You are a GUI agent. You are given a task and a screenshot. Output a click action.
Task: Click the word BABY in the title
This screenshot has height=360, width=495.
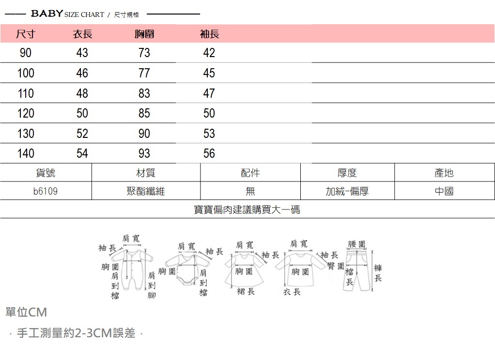pyautogui.click(x=47, y=14)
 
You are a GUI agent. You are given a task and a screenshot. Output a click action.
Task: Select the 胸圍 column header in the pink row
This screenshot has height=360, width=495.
pyautogui.click(x=144, y=34)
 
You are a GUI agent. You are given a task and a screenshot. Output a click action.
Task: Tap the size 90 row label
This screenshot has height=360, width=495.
pyautogui.click(x=26, y=53)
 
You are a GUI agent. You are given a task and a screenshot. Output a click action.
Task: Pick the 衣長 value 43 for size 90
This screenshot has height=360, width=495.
pyautogui.click(x=82, y=53)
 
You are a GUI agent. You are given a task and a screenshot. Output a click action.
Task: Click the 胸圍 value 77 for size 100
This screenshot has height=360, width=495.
pyautogui.click(x=144, y=73)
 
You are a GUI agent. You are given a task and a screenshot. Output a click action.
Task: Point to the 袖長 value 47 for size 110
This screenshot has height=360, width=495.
pyautogui.click(x=209, y=93)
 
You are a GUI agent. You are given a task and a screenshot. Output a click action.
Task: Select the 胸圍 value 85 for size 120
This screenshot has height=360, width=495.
pyautogui.click(x=144, y=113)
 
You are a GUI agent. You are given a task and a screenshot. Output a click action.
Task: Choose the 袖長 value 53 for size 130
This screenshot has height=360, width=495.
pyautogui.click(x=209, y=134)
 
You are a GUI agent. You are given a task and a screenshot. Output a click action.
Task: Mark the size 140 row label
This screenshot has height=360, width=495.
pyautogui.click(x=26, y=153)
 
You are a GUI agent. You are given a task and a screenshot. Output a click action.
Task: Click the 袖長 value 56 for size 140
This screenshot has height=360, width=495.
pyautogui.click(x=209, y=153)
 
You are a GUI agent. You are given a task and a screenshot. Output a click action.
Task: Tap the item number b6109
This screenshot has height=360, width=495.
pyautogui.click(x=46, y=191)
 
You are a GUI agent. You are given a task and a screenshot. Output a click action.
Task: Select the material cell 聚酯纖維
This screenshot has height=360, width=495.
pyautogui.click(x=145, y=191)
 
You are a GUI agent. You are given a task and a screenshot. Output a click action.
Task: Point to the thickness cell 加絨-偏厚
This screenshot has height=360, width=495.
pyautogui.click(x=347, y=191)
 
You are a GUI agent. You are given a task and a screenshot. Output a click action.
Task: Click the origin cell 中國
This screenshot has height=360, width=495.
pyautogui.click(x=444, y=191)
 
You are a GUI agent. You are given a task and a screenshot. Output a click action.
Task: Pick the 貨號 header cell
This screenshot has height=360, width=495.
pyautogui.click(x=46, y=173)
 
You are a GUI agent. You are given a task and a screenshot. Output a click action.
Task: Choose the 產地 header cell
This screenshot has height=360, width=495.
pyautogui.click(x=444, y=173)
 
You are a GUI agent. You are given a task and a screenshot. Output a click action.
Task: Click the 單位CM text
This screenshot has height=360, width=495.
pyautogui.click(x=26, y=312)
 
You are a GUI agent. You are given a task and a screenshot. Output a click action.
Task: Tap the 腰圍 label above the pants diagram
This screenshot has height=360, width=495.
pyautogui.click(x=356, y=244)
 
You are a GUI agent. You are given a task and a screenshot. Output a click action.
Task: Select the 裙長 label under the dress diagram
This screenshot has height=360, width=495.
pyautogui.click(x=246, y=292)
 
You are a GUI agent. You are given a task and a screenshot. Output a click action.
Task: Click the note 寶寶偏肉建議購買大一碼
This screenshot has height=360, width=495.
pyautogui.click(x=247, y=210)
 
